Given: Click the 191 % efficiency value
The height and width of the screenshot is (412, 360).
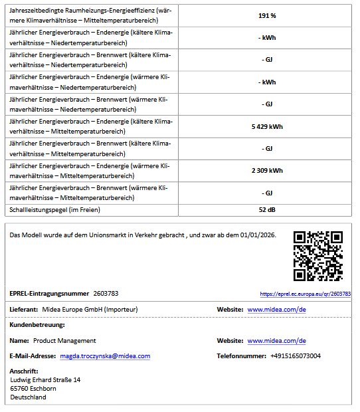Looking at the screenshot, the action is (267, 15).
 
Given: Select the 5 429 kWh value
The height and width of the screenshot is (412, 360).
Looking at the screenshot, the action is (267, 126).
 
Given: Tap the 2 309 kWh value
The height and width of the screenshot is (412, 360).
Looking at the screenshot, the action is (267, 171).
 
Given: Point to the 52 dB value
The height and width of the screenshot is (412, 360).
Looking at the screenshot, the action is (267, 210).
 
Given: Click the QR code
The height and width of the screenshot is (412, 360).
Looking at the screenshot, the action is (318, 255).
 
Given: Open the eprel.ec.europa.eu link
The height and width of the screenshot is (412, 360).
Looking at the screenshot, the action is (305, 294).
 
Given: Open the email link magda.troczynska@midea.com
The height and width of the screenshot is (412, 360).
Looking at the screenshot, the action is (105, 356).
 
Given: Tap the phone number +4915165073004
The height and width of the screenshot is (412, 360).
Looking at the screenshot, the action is (296, 356).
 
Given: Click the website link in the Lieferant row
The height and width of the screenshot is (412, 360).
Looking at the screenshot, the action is (276, 310).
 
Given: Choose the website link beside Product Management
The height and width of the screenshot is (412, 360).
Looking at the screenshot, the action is (276, 341).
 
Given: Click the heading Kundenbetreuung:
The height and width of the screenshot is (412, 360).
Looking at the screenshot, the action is (37, 325).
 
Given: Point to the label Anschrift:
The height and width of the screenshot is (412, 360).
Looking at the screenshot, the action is (24, 371).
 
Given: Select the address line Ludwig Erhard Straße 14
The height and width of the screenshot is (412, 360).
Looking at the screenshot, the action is (45, 380).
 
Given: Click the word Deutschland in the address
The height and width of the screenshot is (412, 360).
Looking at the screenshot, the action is (29, 397).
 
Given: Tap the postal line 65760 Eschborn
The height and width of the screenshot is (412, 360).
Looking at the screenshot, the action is (33, 389).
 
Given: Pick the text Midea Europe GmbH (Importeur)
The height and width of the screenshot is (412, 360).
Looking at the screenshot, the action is (90, 310).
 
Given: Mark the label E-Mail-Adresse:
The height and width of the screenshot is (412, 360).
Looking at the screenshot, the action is (33, 356).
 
